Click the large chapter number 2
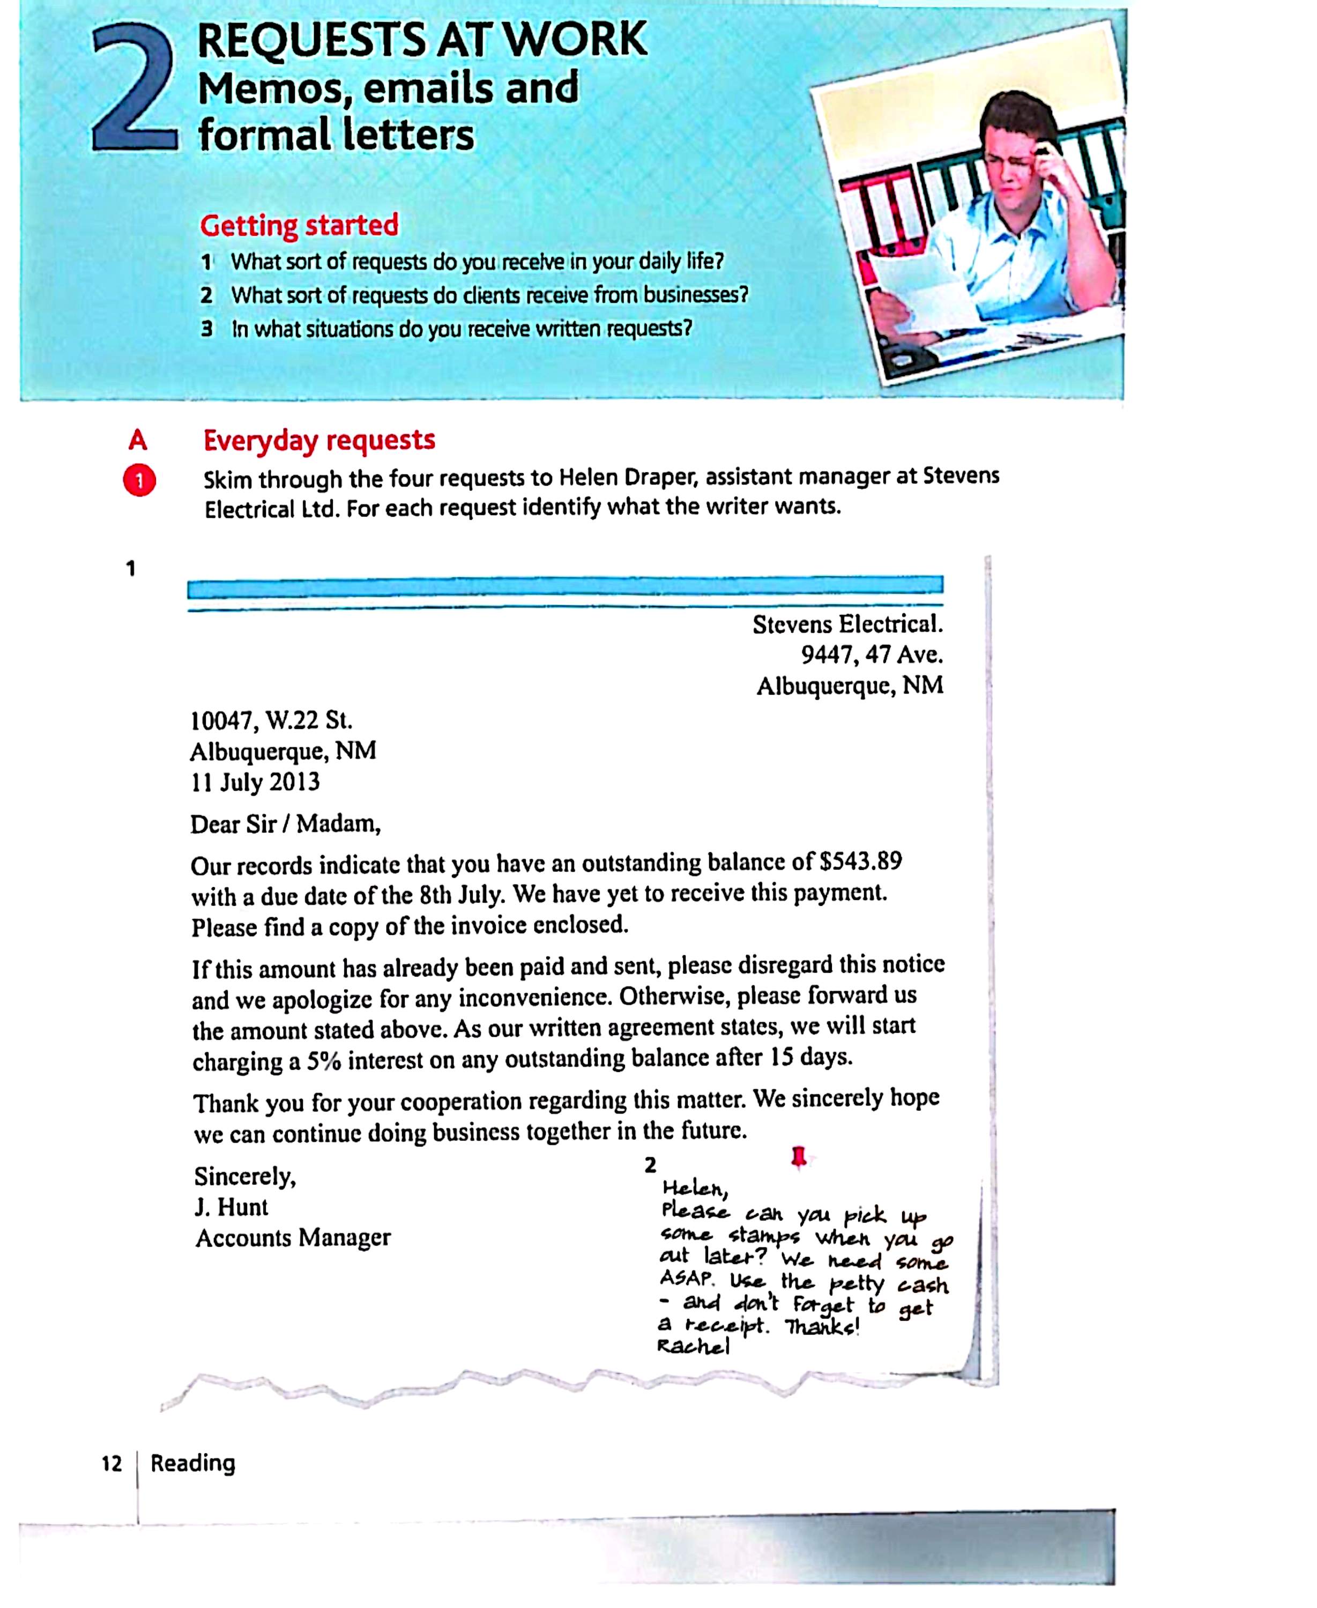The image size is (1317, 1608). (x=135, y=90)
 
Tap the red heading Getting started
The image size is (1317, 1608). (x=299, y=225)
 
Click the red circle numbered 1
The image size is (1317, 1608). (x=139, y=481)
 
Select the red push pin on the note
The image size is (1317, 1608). (x=798, y=1157)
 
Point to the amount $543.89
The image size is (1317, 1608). (x=860, y=862)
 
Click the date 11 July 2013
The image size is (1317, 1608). (x=255, y=782)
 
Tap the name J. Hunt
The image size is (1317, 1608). (x=232, y=1207)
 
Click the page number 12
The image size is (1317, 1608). (x=111, y=1463)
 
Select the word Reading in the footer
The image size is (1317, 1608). (x=192, y=1462)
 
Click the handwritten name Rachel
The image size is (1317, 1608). (x=694, y=1346)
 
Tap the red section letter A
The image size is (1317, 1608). (x=137, y=440)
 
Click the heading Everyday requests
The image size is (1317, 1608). (x=318, y=440)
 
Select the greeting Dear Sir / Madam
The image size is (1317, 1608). (x=285, y=824)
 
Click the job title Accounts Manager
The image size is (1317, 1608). (x=293, y=1238)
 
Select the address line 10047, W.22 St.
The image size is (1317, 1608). (x=271, y=719)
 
